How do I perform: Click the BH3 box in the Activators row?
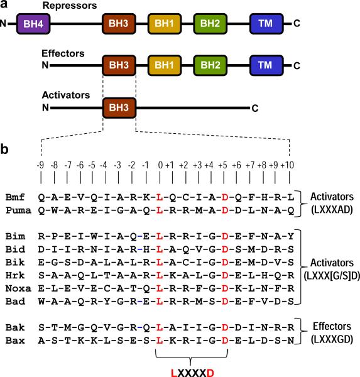(119, 107)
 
